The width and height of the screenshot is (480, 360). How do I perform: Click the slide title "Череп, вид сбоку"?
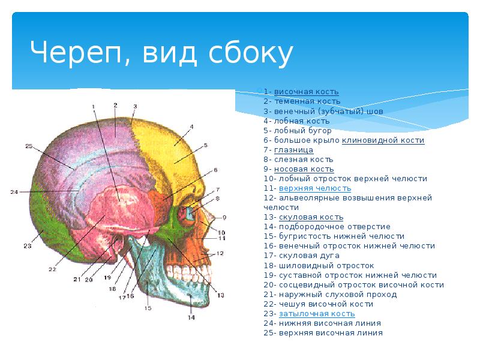coord(162,53)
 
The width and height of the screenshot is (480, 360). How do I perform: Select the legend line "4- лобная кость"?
coord(296,121)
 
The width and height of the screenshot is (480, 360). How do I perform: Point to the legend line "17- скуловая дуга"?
coord(302,255)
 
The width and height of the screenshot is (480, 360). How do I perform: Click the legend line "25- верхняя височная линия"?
coord(323,332)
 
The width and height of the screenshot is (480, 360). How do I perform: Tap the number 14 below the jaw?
coord(191,318)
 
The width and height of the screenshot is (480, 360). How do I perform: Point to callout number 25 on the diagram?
coord(29,146)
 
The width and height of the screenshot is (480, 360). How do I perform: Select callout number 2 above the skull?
coord(115,105)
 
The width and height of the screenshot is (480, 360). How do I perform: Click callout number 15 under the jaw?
coord(148,308)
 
